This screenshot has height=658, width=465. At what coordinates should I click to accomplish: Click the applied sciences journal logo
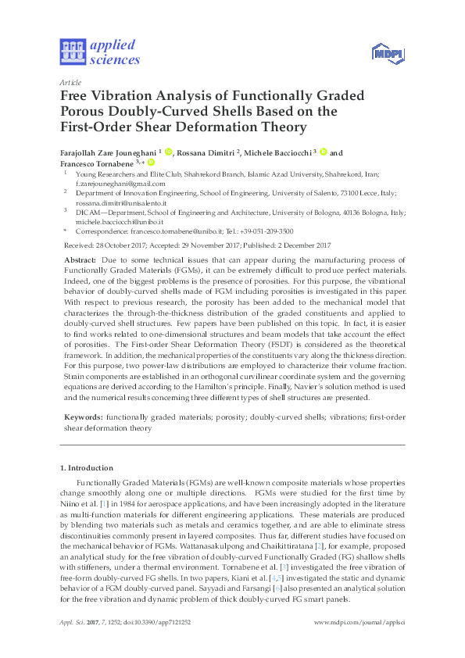(100, 52)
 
